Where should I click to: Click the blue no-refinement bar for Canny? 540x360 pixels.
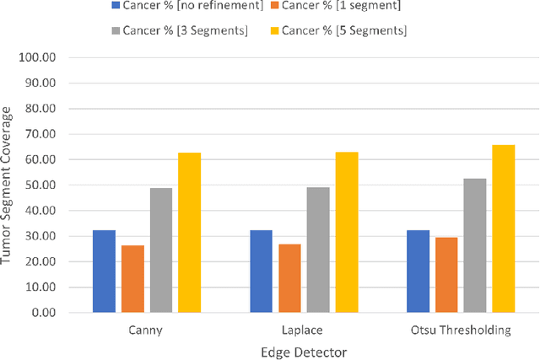click(104, 271)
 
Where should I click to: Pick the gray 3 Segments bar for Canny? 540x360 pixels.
click(161, 250)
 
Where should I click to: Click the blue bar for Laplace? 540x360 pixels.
click(261, 271)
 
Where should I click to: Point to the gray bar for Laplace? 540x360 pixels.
click(318, 250)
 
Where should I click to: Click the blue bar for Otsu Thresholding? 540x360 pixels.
click(418, 271)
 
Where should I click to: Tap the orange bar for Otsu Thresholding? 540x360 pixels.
click(446, 275)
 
